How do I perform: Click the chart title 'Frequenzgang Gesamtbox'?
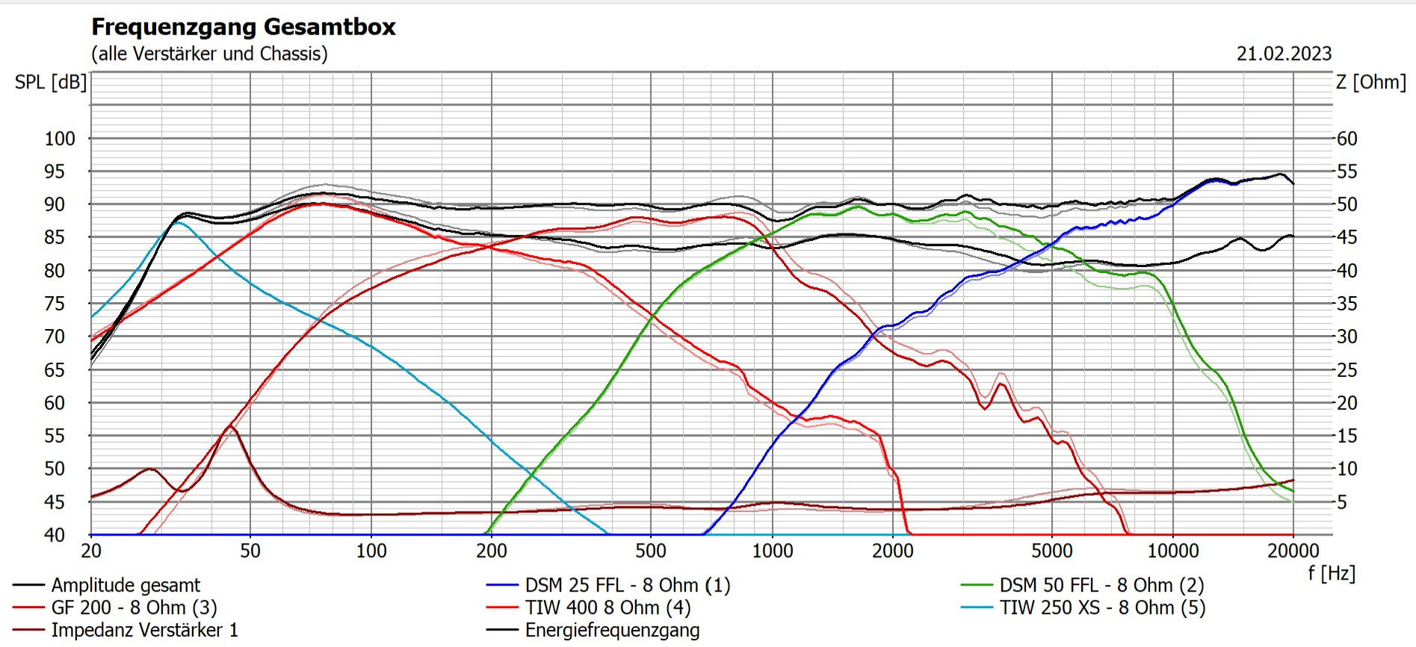244,27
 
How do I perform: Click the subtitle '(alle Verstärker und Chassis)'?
209,54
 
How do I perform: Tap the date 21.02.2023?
1284,54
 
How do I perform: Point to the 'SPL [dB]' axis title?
51,82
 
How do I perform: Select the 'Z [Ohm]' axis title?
1370,82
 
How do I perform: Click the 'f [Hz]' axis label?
1331,574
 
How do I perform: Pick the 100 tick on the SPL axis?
60,139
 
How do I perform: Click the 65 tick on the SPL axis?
55,370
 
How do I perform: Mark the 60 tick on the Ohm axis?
1347,139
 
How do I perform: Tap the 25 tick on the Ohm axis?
1347,370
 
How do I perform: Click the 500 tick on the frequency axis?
651,551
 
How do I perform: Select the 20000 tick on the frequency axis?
1293,551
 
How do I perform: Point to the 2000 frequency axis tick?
893,551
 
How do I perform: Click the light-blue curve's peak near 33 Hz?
178,222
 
